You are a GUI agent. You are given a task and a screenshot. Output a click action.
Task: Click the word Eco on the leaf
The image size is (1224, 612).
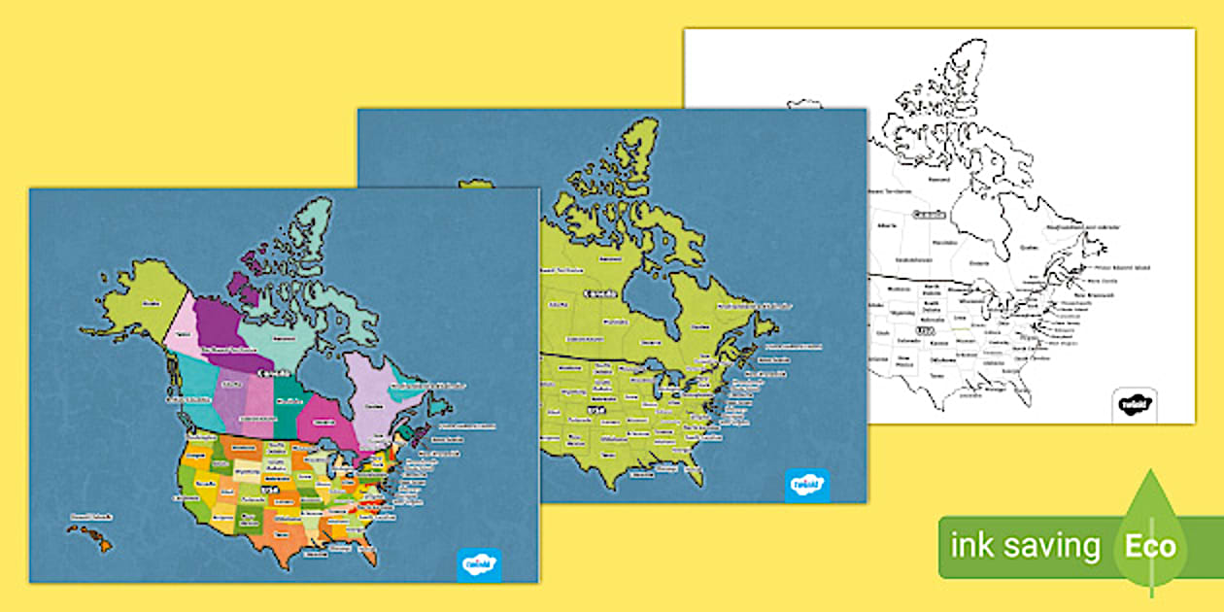coord(1150,546)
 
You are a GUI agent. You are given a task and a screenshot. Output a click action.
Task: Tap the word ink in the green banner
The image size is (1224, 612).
coord(971,547)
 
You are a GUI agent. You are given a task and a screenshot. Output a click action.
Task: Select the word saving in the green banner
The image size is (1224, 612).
coord(1054,547)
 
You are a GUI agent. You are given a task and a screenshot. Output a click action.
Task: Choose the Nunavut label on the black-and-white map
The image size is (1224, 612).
coord(938,179)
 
